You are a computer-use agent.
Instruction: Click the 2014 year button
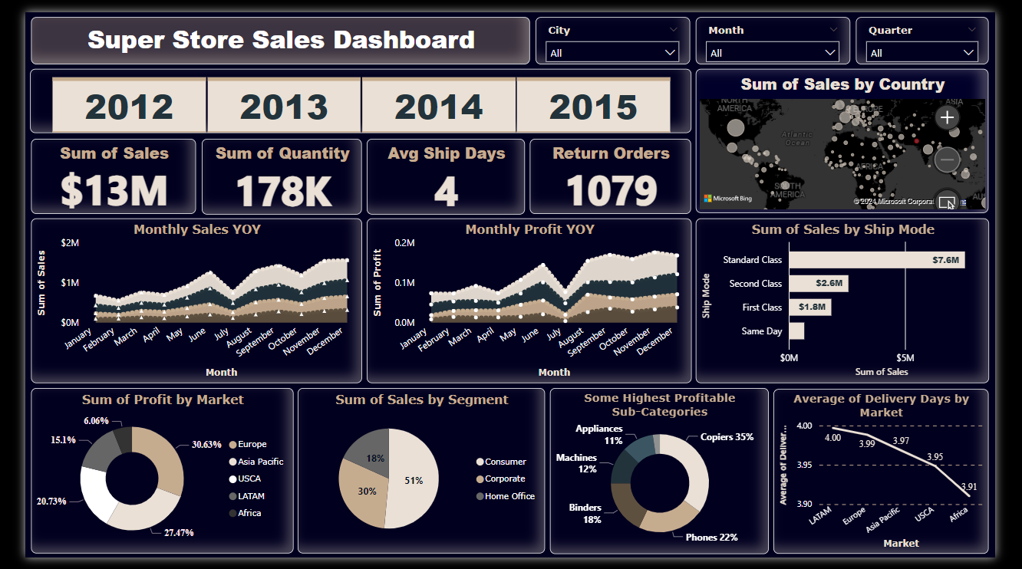(x=439, y=107)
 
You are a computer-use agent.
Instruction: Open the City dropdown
(x=612, y=53)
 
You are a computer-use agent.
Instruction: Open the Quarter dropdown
(x=921, y=53)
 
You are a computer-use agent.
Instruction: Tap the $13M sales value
(x=114, y=191)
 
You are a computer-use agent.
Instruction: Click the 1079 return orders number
(x=612, y=191)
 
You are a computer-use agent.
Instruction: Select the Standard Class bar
(x=877, y=260)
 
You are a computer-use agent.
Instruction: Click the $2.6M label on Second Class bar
(x=829, y=284)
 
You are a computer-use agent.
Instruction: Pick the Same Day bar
(x=796, y=331)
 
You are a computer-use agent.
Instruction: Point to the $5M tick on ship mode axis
(x=905, y=357)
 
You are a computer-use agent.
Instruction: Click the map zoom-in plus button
(x=948, y=117)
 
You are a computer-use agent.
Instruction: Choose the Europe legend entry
(x=252, y=444)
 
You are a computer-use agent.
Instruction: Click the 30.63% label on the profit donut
(x=206, y=445)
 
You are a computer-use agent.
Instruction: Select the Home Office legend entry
(x=509, y=496)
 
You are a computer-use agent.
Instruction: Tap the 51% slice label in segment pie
(x=414, y=481)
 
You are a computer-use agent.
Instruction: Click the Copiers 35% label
(x=727, y=437)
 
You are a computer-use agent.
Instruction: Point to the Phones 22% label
(x=711, y=538)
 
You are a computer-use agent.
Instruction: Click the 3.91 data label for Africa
(x=969, y=486)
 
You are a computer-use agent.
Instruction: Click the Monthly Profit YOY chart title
(x=529, y=229)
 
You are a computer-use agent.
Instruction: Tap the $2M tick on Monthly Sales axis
(x=70, y=243)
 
